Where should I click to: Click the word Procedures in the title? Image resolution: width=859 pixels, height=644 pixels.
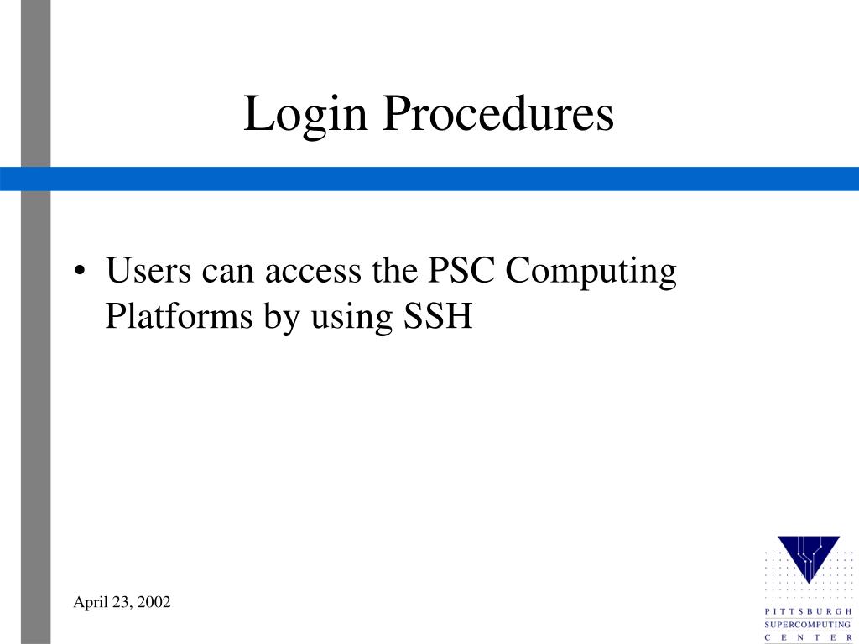[x=498, y=115]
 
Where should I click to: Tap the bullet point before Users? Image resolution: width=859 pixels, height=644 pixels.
[x=80, y=273]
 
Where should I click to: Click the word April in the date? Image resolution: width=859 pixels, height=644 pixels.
[x=88, y=602]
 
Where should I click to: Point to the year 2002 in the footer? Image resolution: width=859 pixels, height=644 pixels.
[x=154, y=602]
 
